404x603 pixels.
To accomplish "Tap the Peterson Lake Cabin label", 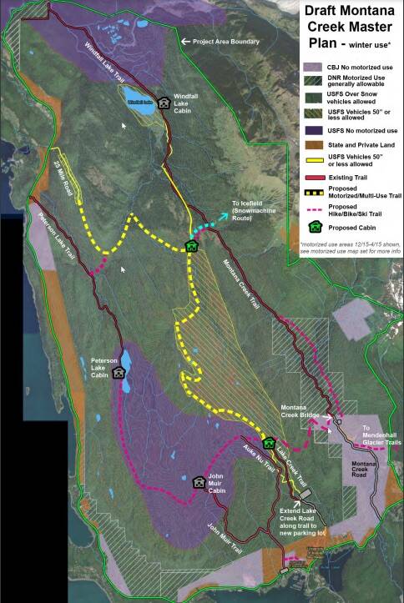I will point(104,368).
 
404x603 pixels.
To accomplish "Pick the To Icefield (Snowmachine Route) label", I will point(256,212).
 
